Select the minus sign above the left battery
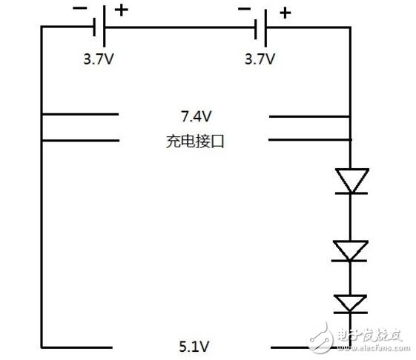tap(79, 9)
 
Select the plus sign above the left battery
tap(121, 10)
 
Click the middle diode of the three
tap(351, 250)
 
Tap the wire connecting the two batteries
tap(178, 28)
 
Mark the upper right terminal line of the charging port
tap(308, 116)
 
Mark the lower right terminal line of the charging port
tap(308, 139)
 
